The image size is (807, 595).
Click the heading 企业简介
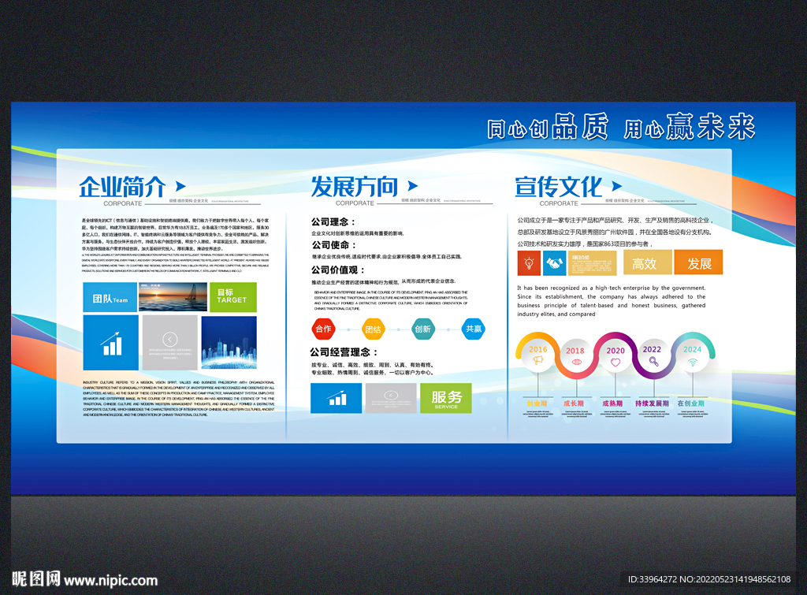tap(122, 187)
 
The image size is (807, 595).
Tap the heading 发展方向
tap(354, 187)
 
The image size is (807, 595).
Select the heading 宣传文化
tap(558, 187)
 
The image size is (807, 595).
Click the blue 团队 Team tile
tap(110, 298)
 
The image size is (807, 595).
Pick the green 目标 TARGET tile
tap(232, 298)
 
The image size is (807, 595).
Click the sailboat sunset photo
tap(173, 297)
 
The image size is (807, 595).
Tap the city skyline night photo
tap(229, 343)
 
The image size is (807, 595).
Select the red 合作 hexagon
tap(323, 329)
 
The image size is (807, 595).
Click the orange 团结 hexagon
tap(373, 329)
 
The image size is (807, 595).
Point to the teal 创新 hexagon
tap(423, 329)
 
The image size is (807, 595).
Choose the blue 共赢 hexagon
tap(473, 329)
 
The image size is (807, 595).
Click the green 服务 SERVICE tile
tap(446, 398)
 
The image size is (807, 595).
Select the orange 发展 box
tap(698, 262)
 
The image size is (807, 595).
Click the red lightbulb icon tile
tap(529, 263)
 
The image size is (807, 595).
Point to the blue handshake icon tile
tap(555, 263)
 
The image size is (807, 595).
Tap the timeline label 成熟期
tap(615, 403)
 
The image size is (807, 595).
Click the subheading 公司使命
tap(333, 245)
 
